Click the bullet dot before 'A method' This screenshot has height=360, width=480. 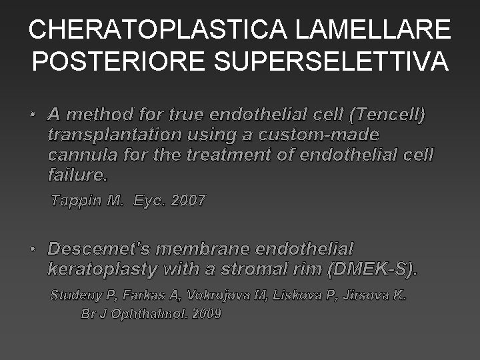coord(33,115)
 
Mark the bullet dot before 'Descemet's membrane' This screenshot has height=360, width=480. coord(33,249)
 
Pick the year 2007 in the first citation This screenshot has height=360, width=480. coord(189,201)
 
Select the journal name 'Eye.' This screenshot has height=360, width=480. coord(149,201)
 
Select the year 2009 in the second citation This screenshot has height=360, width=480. coord(207,313)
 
